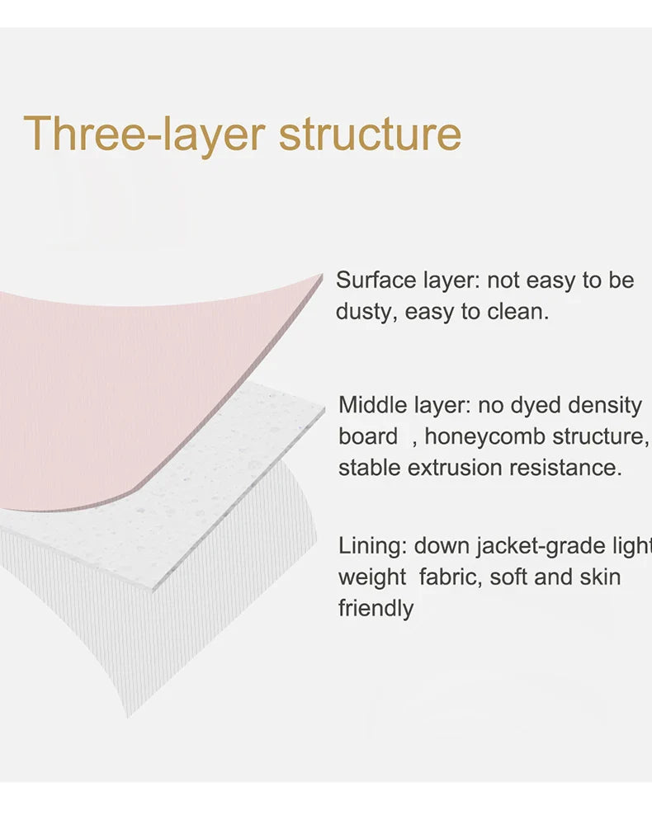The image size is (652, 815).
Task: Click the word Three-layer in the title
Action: pyautogui.click(x=144, y=134)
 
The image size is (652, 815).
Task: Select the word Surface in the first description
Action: pyautogui.click(x=376, y=280)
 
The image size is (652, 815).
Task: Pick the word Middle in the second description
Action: pyautogui.click(x=371, y=405)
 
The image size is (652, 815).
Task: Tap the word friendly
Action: pyautogui.click(x=376, y=609)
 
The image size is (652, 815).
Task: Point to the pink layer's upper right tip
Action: pyautogui.click(x=323, y=275)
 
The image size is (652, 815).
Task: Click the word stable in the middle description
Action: pyautogui.click(x=369, y=468)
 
